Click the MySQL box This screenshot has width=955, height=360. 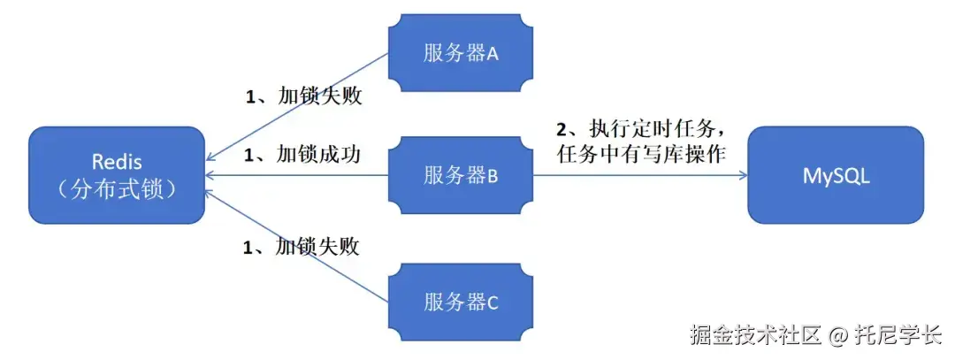836,175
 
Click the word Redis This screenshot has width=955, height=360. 117,162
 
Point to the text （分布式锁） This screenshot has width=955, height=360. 117,190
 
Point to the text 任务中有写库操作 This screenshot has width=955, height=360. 642,155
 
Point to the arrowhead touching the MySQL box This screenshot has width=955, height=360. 742,175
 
